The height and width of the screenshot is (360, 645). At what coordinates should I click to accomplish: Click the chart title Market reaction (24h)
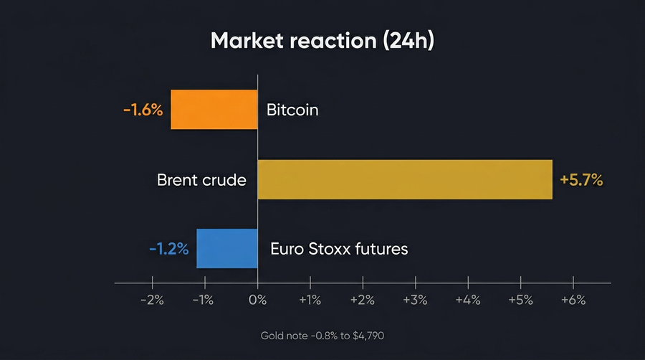point(322,41)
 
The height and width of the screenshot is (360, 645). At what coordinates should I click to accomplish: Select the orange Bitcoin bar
point(214,110)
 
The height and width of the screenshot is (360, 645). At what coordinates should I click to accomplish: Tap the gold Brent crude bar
point(405,179)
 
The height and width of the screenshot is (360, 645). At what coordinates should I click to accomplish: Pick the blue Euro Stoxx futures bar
point(226,249)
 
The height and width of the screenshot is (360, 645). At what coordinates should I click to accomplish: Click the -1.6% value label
point(143,110)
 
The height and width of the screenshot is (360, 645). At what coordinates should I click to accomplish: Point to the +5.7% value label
point(581,180)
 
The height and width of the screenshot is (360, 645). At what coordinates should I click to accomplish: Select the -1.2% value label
point(169,249)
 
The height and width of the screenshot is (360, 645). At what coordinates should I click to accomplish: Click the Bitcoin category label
point(292,110)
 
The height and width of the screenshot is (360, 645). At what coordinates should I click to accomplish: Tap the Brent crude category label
point(201,180)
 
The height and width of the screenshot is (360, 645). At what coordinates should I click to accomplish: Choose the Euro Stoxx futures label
point(339,249)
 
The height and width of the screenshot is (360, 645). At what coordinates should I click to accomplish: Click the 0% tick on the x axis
point(257,300)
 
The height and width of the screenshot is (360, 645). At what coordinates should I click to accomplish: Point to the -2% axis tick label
point(151,300)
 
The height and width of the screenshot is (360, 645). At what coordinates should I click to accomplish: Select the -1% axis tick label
point(203,300)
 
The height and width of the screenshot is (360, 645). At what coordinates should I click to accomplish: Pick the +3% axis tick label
point(415,300)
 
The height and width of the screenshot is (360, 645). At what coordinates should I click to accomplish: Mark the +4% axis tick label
point(468,300)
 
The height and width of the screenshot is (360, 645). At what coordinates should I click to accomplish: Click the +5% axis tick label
point(520,300)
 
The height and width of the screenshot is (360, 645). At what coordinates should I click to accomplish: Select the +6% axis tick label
point(573,300)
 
